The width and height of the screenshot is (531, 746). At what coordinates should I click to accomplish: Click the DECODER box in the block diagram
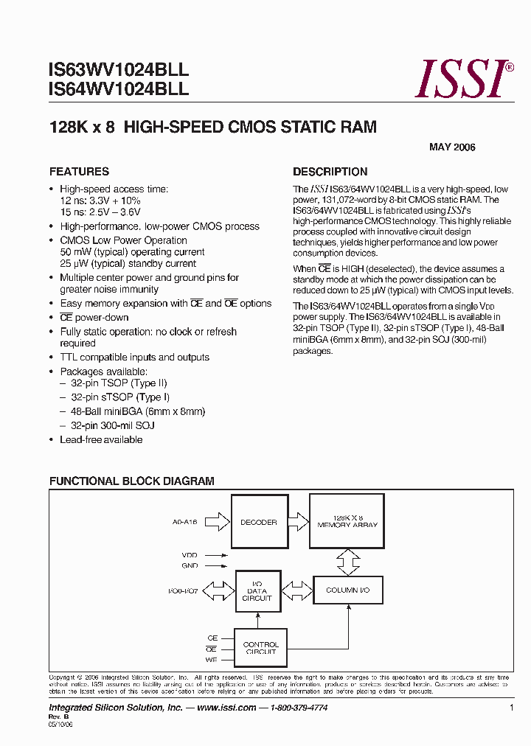coord(258,522)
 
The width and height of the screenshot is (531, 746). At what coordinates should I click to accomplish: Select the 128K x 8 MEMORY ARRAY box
coord(347,520)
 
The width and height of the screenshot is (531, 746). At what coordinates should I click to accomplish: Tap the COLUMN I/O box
coord(347,590)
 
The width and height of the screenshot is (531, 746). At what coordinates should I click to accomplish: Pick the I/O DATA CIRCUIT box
coord(257,591)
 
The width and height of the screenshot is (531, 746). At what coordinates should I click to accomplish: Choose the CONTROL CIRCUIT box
coord(260,648)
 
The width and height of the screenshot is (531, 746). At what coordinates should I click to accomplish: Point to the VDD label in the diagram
coord(190,555)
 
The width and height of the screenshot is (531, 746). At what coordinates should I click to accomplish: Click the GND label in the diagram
coord(190,565)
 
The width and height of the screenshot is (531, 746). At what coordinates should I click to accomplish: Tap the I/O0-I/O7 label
coord(183,591)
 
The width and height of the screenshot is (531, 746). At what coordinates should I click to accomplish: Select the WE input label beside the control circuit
coord(212,660)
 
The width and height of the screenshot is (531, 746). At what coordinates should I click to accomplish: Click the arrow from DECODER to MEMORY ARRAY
coord(297,522)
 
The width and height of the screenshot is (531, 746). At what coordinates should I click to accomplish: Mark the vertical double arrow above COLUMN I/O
coord(347,562)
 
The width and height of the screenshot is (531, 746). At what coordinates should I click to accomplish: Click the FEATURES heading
coord(79,172)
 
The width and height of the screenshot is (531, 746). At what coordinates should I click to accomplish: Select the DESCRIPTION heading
coord(330,172)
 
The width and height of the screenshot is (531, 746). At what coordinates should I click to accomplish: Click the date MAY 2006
coord(452,147)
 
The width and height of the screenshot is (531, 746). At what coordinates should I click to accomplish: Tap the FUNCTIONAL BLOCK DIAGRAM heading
coord(132,481)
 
